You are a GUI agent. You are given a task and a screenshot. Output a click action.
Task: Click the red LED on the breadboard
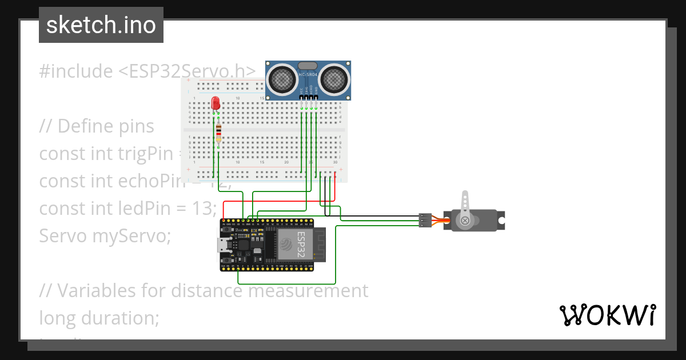[x=216, y=103]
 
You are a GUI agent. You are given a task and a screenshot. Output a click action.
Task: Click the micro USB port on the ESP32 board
[x=222, y=245]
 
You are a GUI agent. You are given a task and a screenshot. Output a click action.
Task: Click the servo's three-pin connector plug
[x=425, y=221]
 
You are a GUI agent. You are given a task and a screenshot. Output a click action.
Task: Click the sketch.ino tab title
[x=101, y=25]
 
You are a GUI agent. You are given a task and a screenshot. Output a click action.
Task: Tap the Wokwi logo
[x=607, y=315]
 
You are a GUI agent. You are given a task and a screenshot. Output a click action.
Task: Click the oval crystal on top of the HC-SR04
[x=307, y=66]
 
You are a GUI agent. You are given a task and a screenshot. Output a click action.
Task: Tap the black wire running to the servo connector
[x=377, y=216]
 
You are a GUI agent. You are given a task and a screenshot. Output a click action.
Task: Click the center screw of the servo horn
[x=465, y=220]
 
